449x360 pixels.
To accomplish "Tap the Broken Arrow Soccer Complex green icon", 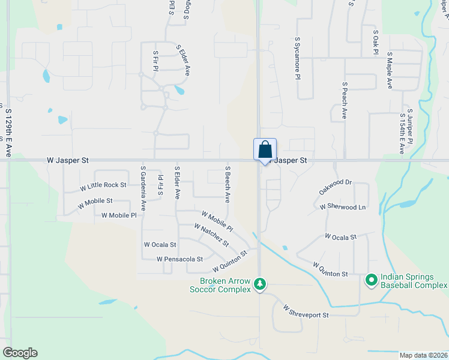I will tap(260, 283).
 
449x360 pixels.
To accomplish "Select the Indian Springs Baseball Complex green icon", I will tap(371, 280).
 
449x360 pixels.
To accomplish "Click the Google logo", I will tap(20, 353).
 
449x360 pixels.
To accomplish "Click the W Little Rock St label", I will tap(103, 187).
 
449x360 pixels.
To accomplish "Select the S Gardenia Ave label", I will tap(143, 188).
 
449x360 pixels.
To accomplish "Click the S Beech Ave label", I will tap(228, 184).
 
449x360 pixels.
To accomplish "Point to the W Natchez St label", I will tap(211, 235).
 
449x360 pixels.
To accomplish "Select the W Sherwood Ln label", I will tap(342, 206).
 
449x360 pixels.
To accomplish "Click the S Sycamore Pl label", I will tap(297, 62).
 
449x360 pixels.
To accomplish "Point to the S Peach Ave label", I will tap(345, 100).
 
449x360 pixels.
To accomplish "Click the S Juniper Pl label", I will tap(411, 127).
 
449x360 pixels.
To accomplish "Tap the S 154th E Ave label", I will tap(402, 133).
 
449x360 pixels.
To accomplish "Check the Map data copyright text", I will tap(424, 355).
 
